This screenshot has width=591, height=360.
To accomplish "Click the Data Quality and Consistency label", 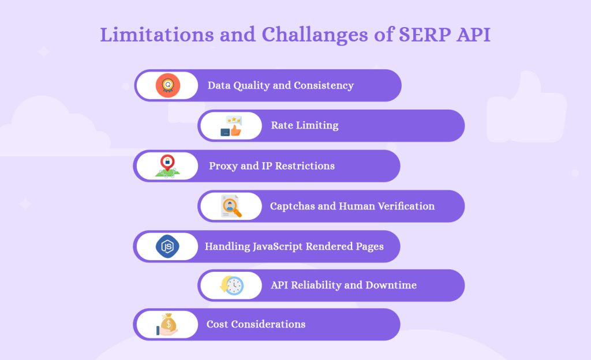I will tap(280, 85).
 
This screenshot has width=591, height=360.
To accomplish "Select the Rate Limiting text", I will tap(304, 125).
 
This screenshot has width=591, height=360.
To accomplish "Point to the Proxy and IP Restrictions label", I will tap(271, 166).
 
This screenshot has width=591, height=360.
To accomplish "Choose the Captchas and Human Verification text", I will tap(352, 206).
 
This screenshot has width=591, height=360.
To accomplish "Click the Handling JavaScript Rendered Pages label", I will tap(294, 246).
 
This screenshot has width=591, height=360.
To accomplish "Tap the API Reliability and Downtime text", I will tap(343, 285).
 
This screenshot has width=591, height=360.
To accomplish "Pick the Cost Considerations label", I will tap(256, 324).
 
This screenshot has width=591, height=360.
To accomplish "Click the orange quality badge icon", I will tap(168, 85).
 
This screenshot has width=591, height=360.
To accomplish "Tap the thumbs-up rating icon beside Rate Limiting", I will tap(231, 126).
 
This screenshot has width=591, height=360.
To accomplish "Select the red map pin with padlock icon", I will tap(167, 166).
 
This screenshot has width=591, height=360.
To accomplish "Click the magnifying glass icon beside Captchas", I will tap(231, 206).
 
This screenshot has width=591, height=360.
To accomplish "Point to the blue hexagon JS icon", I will tap(167, 246).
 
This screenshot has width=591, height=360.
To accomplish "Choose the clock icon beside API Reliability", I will tap(232, 285).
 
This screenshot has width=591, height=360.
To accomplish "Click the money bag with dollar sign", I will tap(168, 324).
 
